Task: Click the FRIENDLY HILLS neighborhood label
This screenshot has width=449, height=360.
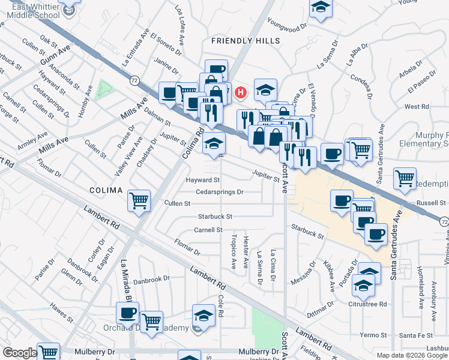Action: pyautogui.click(x=246, y=40)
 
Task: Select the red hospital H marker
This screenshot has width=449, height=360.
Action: pyautogui.click(x=240, y=92)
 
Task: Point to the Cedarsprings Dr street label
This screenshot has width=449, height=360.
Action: pyautogui.click(x=219, y=192)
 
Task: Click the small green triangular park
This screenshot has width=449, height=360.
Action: pyautogui.click(x=104, y=89)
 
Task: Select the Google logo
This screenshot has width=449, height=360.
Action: pyautogui.click(x=19, y=353)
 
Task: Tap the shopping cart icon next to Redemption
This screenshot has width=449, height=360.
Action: pyautogui.click(x=405, y=178)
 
